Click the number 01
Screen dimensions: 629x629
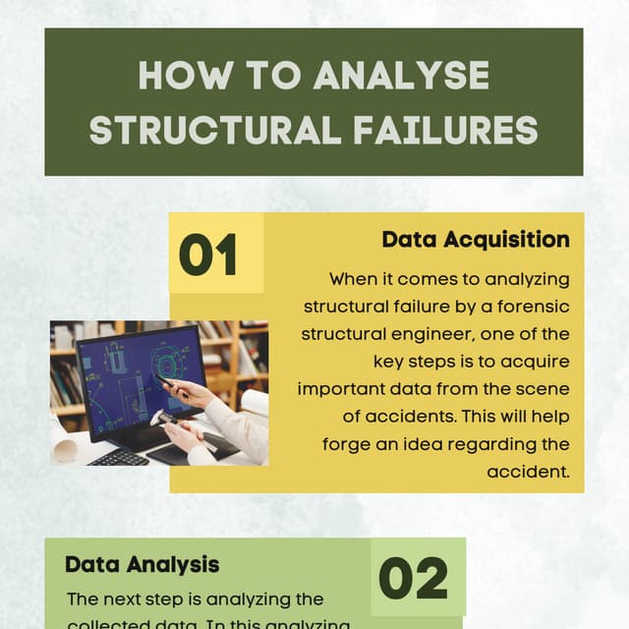click(208, 256)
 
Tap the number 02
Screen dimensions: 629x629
click(413, 579)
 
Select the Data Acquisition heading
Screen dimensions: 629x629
click(476, 240)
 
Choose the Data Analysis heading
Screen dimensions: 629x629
click(142, 565)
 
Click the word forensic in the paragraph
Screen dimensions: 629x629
click(532, 307)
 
